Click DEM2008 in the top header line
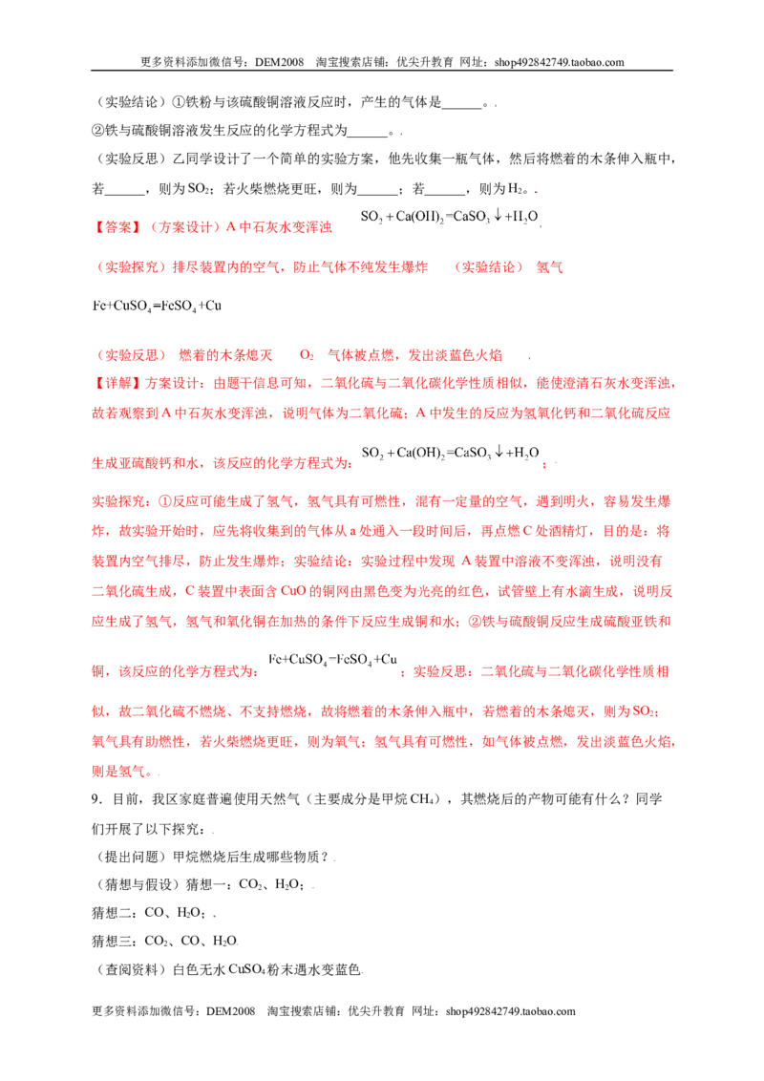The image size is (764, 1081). pyautogui.click(x=279, y=62)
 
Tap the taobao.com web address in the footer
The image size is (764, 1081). pyautogui.click(x=510, y=1011)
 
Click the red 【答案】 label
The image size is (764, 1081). pyautogui.click(x=117, y=227)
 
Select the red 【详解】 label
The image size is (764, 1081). pyautogui.click(x=117, y=383)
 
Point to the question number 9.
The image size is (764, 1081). pyautogui.click(x=95, y=799)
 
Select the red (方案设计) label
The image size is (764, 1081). pyautogui.click(x=182, y=227)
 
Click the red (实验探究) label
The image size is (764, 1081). pyautogui.click(x=129, y=266)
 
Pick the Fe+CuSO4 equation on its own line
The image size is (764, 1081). pyautogui.click(x=158, y=307)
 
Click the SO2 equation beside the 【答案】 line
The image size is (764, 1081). pyautogui.click(x=449, y=217)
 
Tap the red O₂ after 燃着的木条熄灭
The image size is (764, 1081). pyautogui.click(x=307, y=356)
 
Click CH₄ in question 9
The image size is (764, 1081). pyautogui.click(x=420, y=799)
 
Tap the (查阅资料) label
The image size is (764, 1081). pyautogui.click(x=128, y=969)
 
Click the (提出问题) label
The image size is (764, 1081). pyautogui.click(x=128, y=857)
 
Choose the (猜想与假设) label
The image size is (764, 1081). pyautogui.click(x=136, y=884)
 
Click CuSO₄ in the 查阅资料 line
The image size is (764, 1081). pyautogui.click(x=246, y=969)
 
